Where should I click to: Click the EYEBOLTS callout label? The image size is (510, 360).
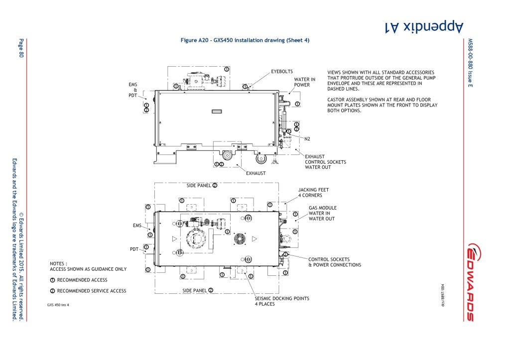click(x=282, y=72)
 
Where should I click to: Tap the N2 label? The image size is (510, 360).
click(x=307, y=138)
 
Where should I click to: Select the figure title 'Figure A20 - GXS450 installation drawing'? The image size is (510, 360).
click(x=245, y=40)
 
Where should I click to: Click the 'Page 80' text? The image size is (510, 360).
click(x=21, y=48)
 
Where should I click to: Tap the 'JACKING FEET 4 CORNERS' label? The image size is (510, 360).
click(x=313, y=193)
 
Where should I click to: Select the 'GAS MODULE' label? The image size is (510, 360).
click(x=323, y=208)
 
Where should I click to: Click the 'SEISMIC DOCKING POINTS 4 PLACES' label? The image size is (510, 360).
click(x=282, y=301)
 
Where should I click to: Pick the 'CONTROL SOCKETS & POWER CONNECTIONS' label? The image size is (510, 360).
click(x=334, y=262)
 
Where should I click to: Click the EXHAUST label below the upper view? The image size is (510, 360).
click(x=255, y=173)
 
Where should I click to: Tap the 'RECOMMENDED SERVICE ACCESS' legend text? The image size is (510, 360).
click(x=91, y=291)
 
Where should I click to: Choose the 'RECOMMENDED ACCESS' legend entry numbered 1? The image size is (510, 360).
click(x=82, y=280)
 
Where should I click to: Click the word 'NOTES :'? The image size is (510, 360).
click(x=58, y=263)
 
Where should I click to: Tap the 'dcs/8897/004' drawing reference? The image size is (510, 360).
click(x=442, y=296)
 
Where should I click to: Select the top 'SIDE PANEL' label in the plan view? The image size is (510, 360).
click(x=199, y=185)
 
